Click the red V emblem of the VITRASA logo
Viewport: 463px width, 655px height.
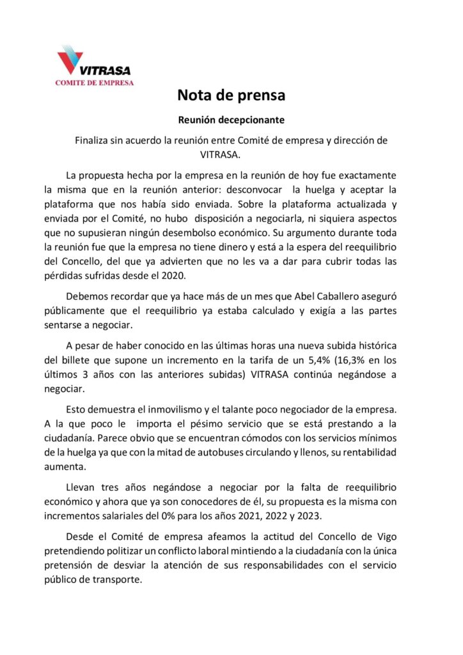69,60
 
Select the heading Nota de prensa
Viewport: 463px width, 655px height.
231,96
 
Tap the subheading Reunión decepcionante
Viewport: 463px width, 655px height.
231,120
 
